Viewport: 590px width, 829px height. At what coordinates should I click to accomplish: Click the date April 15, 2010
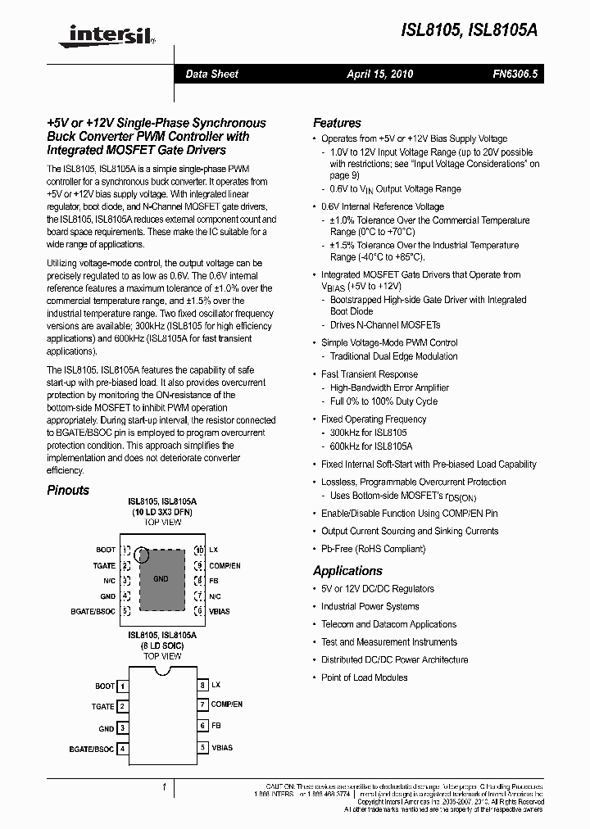click(x=379, y=75)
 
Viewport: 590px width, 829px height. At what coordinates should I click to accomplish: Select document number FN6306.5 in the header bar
click(x=515, y=75)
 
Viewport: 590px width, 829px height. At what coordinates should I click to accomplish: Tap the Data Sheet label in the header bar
click(x=211, y=75)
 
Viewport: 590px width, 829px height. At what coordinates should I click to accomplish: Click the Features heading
click(x=337, y=123)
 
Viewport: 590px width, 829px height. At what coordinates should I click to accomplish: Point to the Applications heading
click(x=347, y=571)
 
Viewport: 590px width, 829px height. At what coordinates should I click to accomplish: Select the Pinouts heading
click(x=68, y=490)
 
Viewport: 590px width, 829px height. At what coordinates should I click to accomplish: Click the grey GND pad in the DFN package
click(x=161, y=579)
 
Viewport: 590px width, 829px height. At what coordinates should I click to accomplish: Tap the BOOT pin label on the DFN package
click(x=106, y=550)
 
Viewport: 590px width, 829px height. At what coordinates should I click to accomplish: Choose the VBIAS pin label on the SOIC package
click(x=222, y=748)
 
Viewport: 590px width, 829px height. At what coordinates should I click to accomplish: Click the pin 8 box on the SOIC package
click(x=202, y=685)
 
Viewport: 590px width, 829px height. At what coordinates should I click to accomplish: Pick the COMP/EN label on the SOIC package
click(x=227, y=704)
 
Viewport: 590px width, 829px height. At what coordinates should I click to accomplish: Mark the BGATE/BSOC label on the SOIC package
click(x=92, y=749)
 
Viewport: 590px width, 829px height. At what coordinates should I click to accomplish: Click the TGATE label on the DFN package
click(x=104, y=565)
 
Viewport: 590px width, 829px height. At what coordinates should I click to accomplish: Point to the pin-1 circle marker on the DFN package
click(x=142, y=555)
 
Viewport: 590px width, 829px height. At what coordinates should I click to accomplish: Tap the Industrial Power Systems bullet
click(x=370, y=606)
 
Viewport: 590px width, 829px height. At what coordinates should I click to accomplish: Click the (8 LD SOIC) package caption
click(x=162, y=646)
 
